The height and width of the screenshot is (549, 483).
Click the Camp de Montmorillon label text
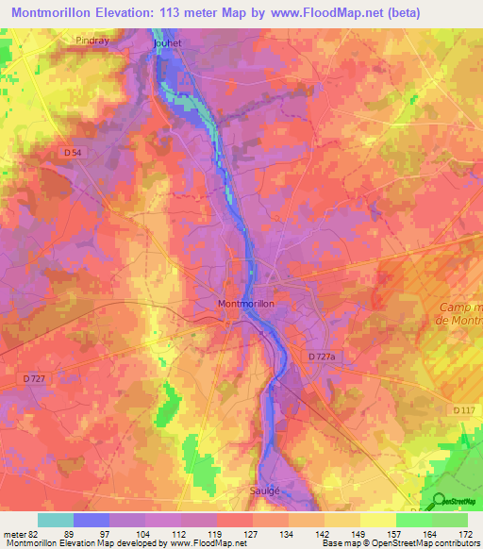point(460,315)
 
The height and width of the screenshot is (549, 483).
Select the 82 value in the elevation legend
point(34,533)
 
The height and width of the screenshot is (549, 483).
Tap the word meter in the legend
point(13,533)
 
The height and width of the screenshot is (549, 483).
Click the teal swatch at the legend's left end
point(55,520)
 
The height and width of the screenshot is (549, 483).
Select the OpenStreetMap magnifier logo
point(439,501)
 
